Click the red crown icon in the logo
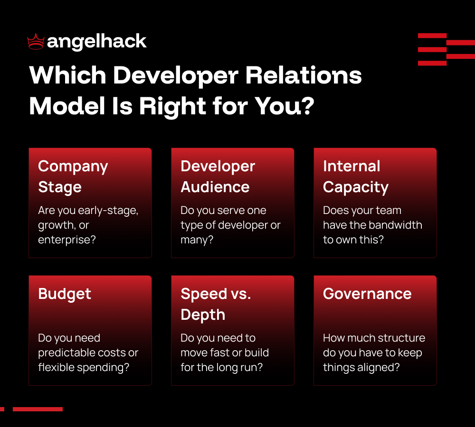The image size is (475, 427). click(36, 42)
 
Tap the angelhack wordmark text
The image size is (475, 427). click(97, 42)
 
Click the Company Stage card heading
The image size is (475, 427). click(73, 176)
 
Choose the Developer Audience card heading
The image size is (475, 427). click(218, 176)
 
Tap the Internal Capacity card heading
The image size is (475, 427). click(355, 176)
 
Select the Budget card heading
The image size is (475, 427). click(65, 294)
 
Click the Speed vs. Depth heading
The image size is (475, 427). click(216, 304)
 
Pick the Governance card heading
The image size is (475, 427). click(367, 294)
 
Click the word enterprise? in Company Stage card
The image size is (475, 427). click(67, 240)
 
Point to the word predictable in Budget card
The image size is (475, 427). click(72, 353)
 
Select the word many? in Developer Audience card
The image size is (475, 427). click(197, 240)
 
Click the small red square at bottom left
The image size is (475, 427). click(2, 409)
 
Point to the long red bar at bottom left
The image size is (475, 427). click(38, 409)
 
